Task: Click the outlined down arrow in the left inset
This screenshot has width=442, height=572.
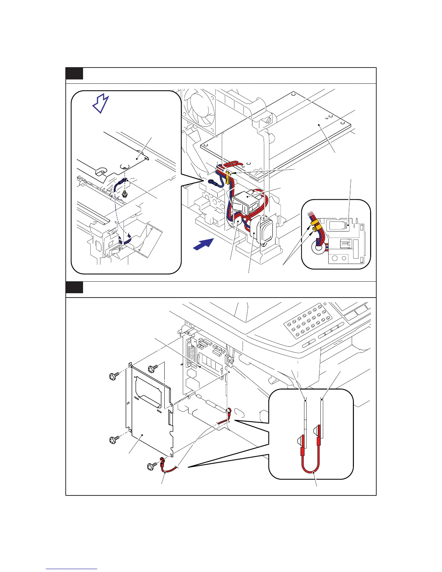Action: [x=101, y=104]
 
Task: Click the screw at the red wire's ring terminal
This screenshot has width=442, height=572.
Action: [x=151, y=467]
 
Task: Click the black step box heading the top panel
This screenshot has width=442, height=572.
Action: [x=74, y=74]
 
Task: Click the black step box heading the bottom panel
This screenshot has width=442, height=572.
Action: [x=74, y=288]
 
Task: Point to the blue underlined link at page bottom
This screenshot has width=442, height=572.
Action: [x=71, y=569]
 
